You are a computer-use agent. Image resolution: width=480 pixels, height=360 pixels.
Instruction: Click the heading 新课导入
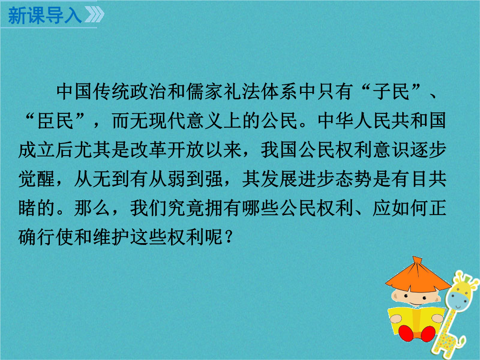(45, 16)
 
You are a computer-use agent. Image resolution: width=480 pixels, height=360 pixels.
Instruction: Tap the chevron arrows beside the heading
(94, 15)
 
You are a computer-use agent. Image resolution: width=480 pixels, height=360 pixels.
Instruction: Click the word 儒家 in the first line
(205, 92)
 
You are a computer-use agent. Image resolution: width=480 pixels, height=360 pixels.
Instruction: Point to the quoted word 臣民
(55, 120)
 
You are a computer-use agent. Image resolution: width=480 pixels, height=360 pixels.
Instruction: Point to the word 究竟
(186, 208)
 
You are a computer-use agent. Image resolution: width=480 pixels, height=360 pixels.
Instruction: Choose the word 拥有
(224, 208)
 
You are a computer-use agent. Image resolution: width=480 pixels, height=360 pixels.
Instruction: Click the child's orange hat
(417, 276)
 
